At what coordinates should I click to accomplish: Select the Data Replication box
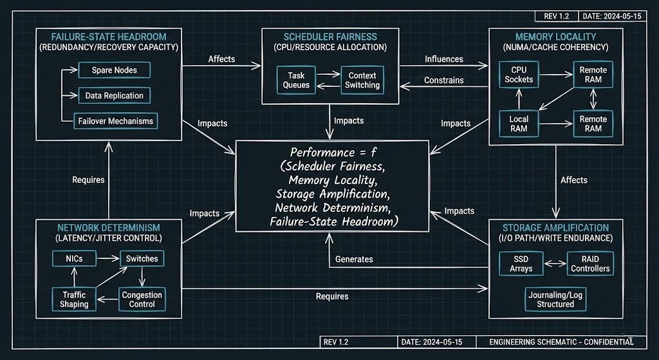[115, 95]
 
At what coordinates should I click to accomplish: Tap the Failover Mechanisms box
[115, 120]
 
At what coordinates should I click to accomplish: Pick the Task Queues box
[297, 80]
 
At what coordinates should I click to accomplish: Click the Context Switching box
[362, 80]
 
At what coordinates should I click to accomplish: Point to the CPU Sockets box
[519, 74]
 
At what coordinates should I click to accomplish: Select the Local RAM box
[519, 124]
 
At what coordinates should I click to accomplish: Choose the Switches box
[142, 258]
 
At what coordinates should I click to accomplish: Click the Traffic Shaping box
[74, 299]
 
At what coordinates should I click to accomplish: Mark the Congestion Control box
[142, 299]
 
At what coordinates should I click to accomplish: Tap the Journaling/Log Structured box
[555, 299]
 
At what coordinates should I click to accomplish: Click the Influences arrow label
[444, 59]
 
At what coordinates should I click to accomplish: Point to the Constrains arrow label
[444, 81]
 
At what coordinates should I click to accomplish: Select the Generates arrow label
[354, 259]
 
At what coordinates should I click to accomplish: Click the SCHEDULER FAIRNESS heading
[331, 37]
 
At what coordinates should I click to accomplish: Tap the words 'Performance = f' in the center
[328, 153]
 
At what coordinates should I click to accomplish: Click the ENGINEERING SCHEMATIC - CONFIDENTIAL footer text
[556, 341]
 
